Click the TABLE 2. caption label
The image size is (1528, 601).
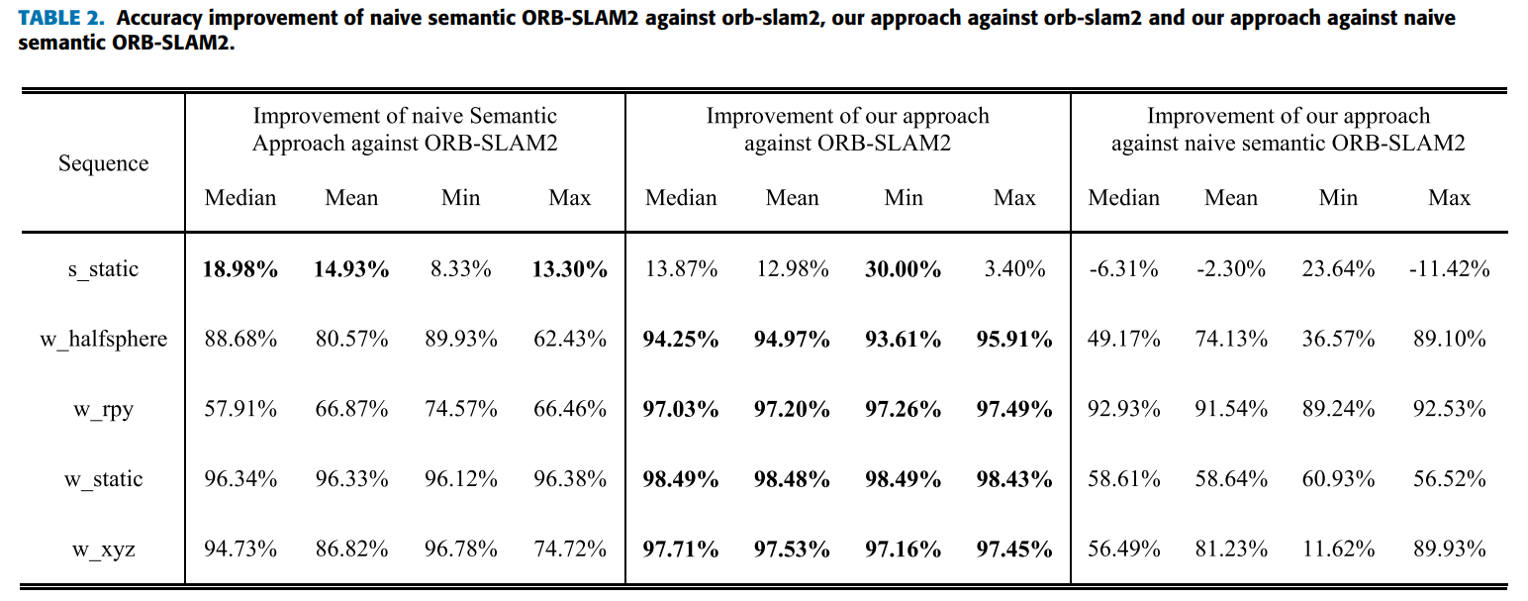coord(61,19)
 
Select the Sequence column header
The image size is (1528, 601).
coord(103,163)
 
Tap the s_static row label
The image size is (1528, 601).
coord(103,269)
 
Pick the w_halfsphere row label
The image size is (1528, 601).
coord(103,340)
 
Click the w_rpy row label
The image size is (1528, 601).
coord(103,409)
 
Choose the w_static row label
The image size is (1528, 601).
coord(103,479)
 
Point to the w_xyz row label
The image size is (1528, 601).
coord(103,549)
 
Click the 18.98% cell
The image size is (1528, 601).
coord(240,269)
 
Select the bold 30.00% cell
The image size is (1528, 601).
coord(904,269)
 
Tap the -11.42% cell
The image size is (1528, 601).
coord(1448,269)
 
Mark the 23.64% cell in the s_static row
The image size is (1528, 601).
coord(1338,269)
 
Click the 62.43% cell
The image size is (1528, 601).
coord(570,340)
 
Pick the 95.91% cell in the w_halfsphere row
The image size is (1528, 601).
coord(1014,340)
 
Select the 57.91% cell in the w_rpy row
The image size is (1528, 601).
coord(240,409)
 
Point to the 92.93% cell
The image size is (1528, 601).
coord(1123,409)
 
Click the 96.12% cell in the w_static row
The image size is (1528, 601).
coord(460,479)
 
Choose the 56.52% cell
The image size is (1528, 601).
coord(1450,479)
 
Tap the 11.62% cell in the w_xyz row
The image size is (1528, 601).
coord(1338,549)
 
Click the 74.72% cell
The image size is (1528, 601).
coord(570,549)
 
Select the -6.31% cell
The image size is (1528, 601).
coord(1123,269)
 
